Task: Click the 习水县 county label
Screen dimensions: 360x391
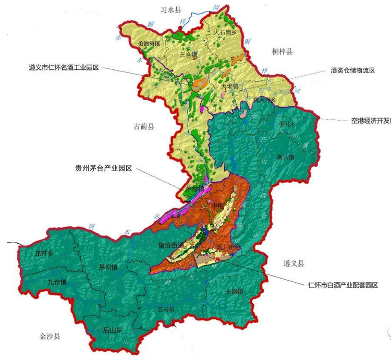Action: point(171,9)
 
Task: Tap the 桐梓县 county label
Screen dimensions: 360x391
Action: point(283,51)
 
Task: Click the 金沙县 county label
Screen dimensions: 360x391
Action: point(50,337)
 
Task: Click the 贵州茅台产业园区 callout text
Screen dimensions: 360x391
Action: point(104,169)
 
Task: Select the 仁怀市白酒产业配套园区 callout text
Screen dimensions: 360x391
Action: point(343,285)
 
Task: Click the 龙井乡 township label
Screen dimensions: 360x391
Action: point(44,254)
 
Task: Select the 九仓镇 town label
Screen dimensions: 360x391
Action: point(56,283)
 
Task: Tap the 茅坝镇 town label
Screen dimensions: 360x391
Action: point(108,268)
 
